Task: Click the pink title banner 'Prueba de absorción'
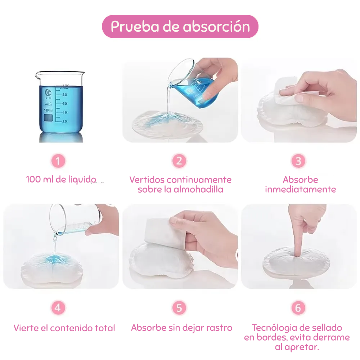[x=180, y=26]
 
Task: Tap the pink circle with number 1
[x=58, y=161]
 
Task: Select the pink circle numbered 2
[x=179, y=161]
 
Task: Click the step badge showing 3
[x=298, y=161]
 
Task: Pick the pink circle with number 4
[x=58, y=308]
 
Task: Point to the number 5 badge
[x=179, y=308]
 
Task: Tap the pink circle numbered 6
[x=298, y=308]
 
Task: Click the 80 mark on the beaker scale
[x=64, y=95]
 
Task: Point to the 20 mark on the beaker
[x=64, y=121]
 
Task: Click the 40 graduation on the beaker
[x=64, y=112]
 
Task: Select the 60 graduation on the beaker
[x=64, y=104]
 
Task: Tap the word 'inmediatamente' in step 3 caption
[x=300, y=189]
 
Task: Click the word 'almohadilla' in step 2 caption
[x=198, y=189]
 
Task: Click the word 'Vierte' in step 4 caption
[x=26, y=328]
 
